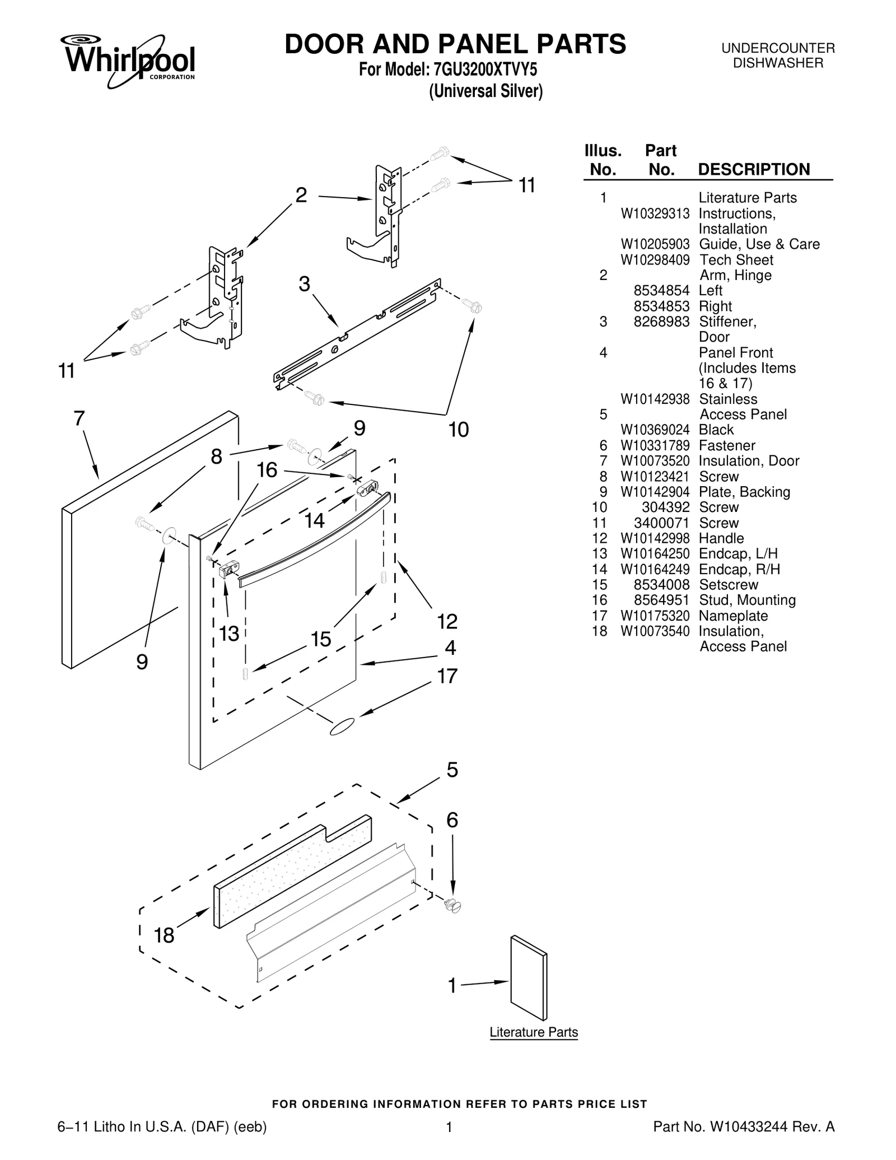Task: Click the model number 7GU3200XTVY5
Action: (484, 70)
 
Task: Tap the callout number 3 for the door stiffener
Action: (304, 285)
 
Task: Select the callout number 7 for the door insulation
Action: (79, 418)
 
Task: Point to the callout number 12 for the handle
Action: (447, 621)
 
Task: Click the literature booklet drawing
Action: (529, 977)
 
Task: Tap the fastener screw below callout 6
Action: (452, 905)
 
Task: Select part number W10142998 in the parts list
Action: (654, 538)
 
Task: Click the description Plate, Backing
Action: (744, 492)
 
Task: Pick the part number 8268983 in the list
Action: (661, 322)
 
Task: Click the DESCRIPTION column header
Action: (754, 169)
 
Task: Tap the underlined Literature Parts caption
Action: (533, 1032)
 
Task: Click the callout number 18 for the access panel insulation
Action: (164, 935)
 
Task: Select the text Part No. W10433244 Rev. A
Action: (744, 1126)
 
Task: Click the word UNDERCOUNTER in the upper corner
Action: (778, 48)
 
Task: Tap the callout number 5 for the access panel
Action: (452, 770)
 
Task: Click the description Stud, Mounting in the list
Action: (747, 600)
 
